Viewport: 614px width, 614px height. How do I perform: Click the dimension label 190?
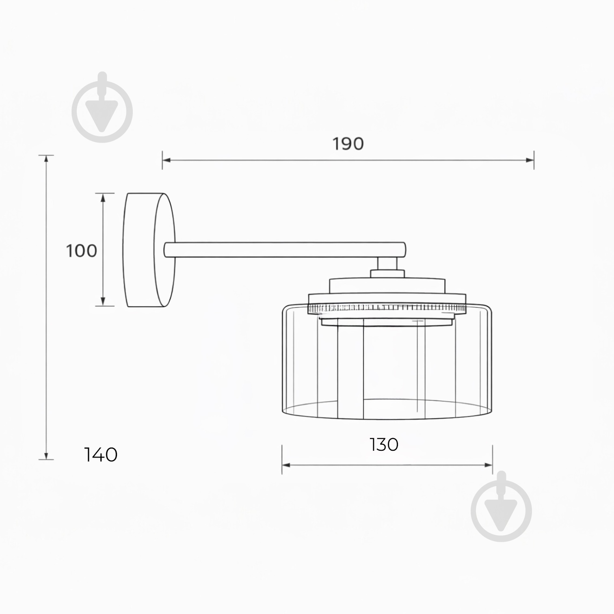[x=348, y=144]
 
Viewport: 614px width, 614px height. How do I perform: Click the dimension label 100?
[x=82, y=251]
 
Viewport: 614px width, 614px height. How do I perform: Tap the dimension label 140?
[x=101, y=455]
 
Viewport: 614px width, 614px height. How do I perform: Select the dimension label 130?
[x=384, y=445]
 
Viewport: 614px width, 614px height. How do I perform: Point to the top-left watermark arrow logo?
[x=102, y=108]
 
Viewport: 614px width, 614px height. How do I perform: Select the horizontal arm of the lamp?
[x=284, y=250]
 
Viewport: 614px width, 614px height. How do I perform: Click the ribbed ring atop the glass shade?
[x=387, y=309]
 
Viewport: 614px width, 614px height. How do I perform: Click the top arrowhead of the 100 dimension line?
[x=103, y=197]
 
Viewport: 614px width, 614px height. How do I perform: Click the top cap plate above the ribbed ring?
[x=387, y=285]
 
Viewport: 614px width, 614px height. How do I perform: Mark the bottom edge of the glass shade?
[x=387, y=418]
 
